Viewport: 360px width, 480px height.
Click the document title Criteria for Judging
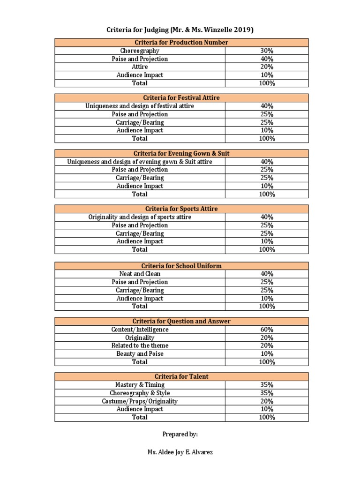(180, 30)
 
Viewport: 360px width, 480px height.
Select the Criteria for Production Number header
(181, 43)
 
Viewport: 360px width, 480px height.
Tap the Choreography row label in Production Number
(140, 51)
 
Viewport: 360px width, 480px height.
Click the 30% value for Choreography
(267, 51)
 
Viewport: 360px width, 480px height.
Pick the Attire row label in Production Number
(140, 67)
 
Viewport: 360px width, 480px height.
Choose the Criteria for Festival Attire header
(181, 98)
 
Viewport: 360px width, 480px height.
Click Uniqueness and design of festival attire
(140, 106)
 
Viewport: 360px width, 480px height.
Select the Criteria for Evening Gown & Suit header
(181, 153)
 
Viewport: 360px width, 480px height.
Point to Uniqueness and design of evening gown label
(140, 162)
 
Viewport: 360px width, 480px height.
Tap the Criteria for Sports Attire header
(181, 209)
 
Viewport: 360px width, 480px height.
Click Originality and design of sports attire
(140, 217)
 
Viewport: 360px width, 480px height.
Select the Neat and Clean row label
(140, 274)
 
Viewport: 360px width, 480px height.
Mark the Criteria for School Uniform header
(181, 266)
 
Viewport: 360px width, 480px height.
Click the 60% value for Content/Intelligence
(267, 330)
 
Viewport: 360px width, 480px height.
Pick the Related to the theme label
(140, 345)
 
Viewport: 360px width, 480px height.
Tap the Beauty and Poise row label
(140, 354)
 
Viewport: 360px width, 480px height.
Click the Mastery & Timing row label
(140, 385)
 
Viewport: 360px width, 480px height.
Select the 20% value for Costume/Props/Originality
(267, 401)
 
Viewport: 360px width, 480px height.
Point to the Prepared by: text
(180, 435)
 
